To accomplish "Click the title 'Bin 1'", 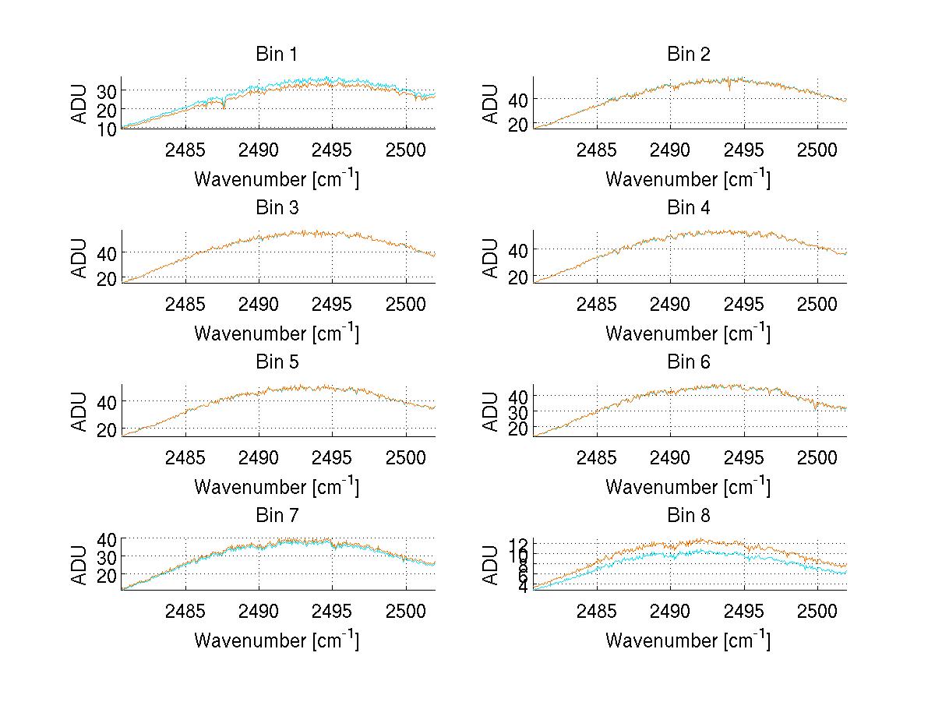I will point(277,55).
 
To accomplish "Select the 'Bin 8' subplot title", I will point(689,516).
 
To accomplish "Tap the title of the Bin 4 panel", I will point(689,208).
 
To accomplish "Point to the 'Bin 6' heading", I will point(689,362).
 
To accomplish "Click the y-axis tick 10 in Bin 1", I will point(107,129).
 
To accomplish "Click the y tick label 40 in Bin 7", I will point(107,538).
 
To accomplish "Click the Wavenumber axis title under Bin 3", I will point(277,333).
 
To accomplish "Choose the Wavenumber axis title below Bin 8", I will point(688,640).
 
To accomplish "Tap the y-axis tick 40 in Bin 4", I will point(518,249).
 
